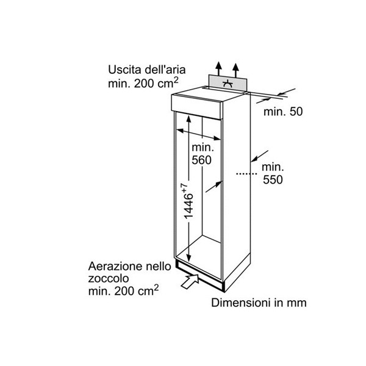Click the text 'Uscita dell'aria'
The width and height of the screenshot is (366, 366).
coord(147,70)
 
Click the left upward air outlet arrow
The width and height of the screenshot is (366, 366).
coord(218,69)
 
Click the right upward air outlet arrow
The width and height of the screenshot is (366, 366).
coord(235,71)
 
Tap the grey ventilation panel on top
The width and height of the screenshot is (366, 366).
coord(228,83)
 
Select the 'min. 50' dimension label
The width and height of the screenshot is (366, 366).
coord(283,112)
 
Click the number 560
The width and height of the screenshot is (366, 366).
coord(201,160)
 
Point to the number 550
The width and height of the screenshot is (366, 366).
coord(273,179)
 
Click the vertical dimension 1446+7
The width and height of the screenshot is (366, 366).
coord(188,201)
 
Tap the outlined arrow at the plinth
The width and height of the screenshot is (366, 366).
coord(190,281)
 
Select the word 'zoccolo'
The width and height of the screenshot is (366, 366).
coord(109,279)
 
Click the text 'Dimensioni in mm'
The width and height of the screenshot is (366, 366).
coord(259,303)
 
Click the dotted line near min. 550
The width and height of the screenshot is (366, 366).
coord(246,174)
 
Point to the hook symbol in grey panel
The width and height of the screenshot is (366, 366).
coord(228,84)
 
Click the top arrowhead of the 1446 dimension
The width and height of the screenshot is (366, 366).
coord(189,118)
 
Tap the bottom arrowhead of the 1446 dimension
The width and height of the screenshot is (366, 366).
coord(189,258)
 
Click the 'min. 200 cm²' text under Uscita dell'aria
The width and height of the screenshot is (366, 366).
coord(143,83)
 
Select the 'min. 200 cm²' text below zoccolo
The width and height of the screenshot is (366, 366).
coord(123,290)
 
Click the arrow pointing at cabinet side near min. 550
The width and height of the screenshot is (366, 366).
coord(260,156)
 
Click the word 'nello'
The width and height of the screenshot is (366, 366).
coord(159,267)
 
